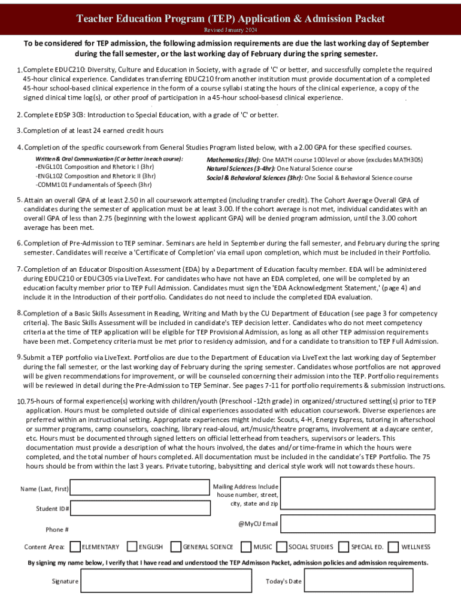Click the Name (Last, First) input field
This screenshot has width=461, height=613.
[139, 489]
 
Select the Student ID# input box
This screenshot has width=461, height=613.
[139, 508]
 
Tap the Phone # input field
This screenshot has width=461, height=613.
[139, 529]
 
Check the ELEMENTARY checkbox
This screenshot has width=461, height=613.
[75, 547]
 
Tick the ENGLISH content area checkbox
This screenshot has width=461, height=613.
[132, 547]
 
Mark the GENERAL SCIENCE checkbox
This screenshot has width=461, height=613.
[176, 547]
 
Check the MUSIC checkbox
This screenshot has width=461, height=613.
[246, 547]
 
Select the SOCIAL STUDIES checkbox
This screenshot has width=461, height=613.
[281, 547]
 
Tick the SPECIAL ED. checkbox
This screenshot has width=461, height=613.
[344, 547]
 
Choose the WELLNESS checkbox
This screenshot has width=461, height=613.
[393, 547]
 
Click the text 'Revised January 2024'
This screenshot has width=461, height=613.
[230, 30]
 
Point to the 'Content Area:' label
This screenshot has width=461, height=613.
[44, 547]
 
